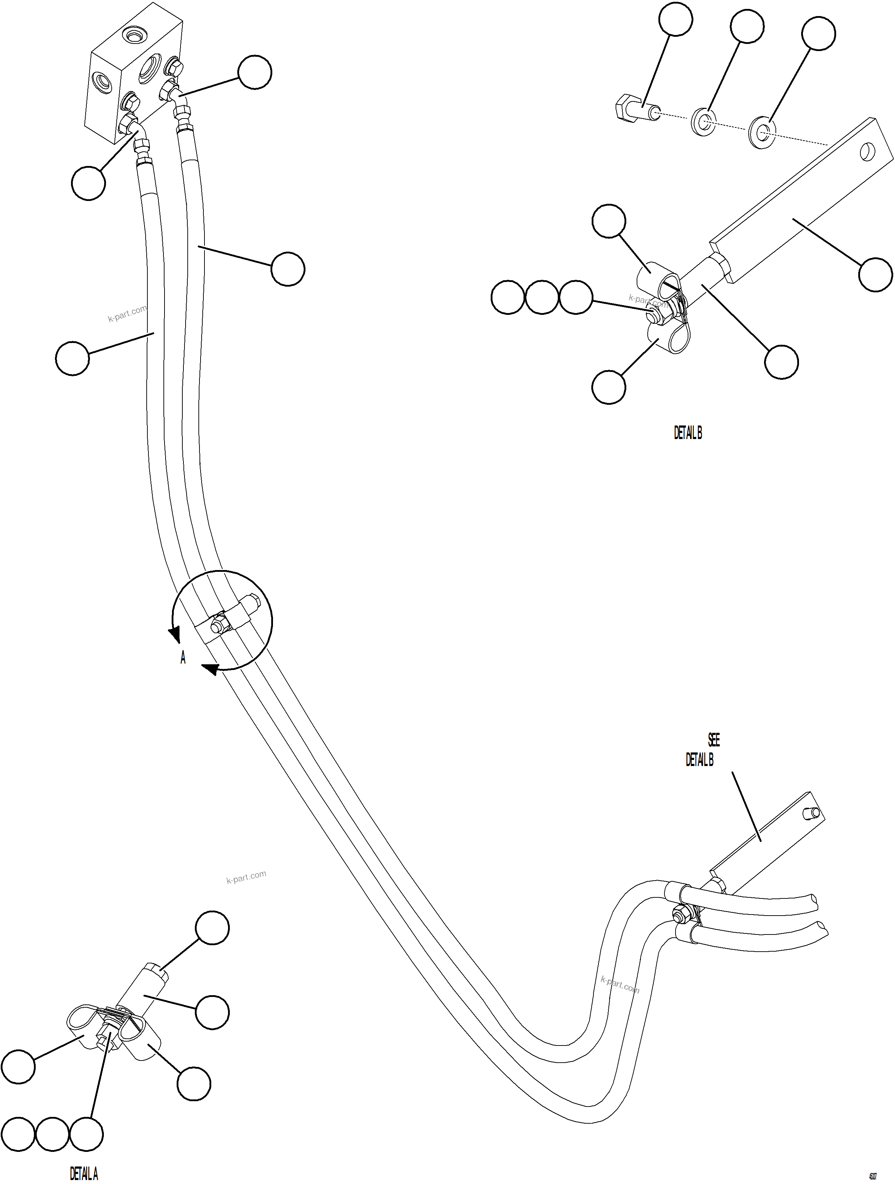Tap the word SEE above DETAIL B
(x=714, y=740)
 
